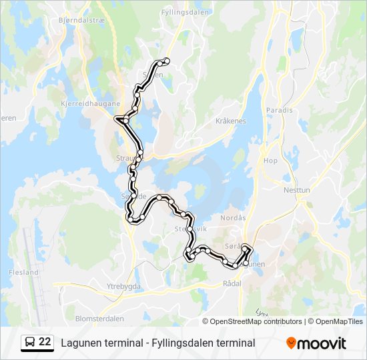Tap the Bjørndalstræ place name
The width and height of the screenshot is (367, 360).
pyautogui.click(x=78, y=21)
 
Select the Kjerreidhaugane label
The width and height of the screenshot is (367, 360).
pyautogui.click(x=90, y=103)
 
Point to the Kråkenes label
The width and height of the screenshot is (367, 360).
pyautogui.click(x=231, y=121)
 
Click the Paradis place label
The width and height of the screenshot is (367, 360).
pyautogui.click(x=279, y=110)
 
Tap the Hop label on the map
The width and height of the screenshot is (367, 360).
pyautogui.click(x=270, y=161)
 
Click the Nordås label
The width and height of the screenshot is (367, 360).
pyautogui.click(x=233, y=217)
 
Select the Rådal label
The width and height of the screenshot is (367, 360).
pyautogui.click(x=232, y=283)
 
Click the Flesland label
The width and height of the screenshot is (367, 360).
pyautogui.click(x=24, y=272)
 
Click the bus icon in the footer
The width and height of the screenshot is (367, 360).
pyautogui.click(x=29, y=342)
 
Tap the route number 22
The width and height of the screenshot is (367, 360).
pyautogui.click(x=45, y=341)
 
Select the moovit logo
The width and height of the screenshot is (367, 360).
pyautogui.click(x=316, y=343)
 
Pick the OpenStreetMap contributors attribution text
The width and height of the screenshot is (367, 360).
pyautogui.click(x=256, y=321)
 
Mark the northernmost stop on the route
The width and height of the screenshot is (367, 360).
pyautogui.click(x=166, y=61)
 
